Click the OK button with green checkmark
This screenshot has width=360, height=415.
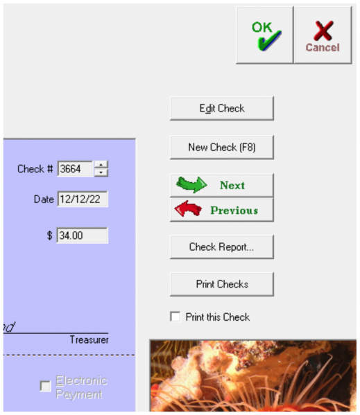pyautogui.click(x=264, y=35)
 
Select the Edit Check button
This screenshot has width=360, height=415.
pyautogui.click(x=222, y=109)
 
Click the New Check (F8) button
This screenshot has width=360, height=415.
pyautogui.click(x=222, y=148)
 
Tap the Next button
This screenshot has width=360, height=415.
pyautogui.click(x=222, y=185)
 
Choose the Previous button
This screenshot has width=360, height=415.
pyautogui.click(x=222, y=210)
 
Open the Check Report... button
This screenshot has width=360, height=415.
pyautogui.click(x=222, y=247)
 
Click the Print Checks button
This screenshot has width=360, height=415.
pyautogui.click(x=222, y=284)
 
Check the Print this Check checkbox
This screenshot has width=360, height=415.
pyautogui.click(x=175, y=317)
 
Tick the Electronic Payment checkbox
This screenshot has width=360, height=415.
pyautogui.click(x=46, y=387)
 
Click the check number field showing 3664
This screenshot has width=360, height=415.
pyautogui.click(x=75, y=168)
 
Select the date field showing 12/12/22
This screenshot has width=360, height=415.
pyautogui.click(x=82, y=200)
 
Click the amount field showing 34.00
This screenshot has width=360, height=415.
pyautogui.click(x=82, y=236)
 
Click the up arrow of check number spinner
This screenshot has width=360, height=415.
pyautogui.click(x=101, y=164)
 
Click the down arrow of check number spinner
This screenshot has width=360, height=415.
pyautogui.click(x=101, y=173)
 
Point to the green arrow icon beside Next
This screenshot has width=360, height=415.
pyautogui.click(x=191, y=185)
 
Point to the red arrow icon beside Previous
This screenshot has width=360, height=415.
pyautogui.click(x=189, y=210)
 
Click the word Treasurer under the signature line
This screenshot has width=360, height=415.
pyautogui.click(x=89, y=340)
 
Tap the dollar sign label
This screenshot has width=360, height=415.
pyautogui.click(x=50, y=236)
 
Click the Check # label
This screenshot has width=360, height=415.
pyautogui.click(x=35, y=168)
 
